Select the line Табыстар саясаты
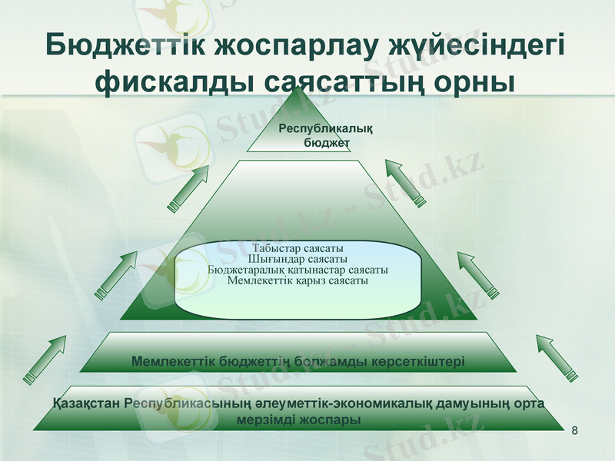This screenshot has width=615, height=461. [x=298, y=249]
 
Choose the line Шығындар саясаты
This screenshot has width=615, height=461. [x=298, y=260]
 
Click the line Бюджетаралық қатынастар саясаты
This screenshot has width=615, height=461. [x=298, y=270]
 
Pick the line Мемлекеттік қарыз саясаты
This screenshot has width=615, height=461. [x=298, y=281]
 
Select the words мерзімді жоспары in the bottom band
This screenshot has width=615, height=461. [x=299, y=420]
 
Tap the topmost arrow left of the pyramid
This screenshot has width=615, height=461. [x=188, y=187]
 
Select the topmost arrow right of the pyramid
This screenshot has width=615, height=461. [x=404, y=182]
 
